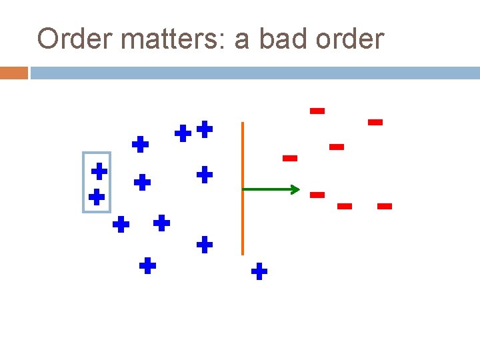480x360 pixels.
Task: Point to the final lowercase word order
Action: [x=351, y=39]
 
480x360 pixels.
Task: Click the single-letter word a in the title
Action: [x=241, y=41]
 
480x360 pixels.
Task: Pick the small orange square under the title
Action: [x=13, y=73]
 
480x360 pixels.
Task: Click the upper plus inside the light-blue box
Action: [x=99, y=171]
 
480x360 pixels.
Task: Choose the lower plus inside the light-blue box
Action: [x=97, y=197]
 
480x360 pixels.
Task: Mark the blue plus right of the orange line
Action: [x=259, y=271]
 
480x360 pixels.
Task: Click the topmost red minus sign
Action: [x=317, y=111]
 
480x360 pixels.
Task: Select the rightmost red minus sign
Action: [x=384, y=207]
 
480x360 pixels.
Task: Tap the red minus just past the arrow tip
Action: [x=317, y=195]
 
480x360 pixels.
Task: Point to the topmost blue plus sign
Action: [x=205, y=129]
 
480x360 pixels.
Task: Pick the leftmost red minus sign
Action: [x=289, y=158]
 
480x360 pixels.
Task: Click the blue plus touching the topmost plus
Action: [x=183, y=134]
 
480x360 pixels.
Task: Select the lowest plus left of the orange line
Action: [x=147, y=267]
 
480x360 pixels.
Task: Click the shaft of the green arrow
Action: [x=267, y=190]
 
